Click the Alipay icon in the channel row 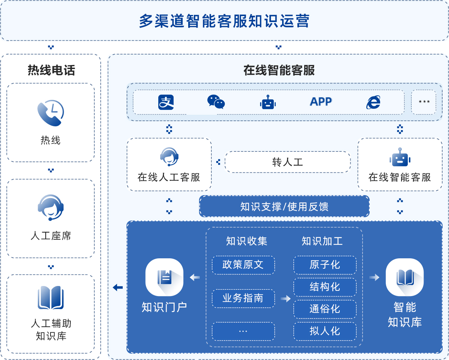pos(166,102)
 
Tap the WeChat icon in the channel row pos(216,102)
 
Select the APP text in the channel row pos(321,102)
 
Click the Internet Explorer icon pos(373,102)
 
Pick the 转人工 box pos(287,162)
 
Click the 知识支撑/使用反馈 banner pos(284,206)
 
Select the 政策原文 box pos(243,265)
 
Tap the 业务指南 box pos(243,298)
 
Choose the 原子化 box pos(325,265)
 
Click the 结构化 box pos(325,287)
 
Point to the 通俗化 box pos(325,309)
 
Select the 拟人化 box pos(325,331)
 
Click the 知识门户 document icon pos(164,277)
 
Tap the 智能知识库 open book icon pos(404,277)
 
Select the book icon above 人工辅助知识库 pos(51,298)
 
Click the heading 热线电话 pos(51,70)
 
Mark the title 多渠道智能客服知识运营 pos(224,21)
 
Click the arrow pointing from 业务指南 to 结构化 pos(285,299)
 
